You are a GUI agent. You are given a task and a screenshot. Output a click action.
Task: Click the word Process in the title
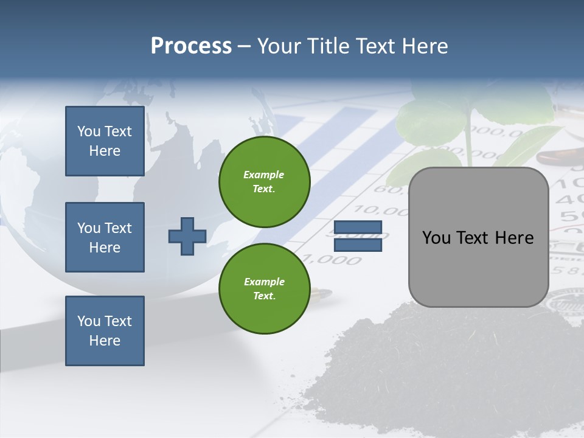pos(191,46)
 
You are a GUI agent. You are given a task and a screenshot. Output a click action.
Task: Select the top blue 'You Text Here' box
pos(105,141)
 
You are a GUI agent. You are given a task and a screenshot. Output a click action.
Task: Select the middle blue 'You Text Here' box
pos(105,237)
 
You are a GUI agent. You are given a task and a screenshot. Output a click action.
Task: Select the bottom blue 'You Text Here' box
pos(105,331)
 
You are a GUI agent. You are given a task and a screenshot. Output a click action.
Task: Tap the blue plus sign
pos(187,236)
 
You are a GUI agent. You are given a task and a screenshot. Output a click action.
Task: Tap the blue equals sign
pos(358,236)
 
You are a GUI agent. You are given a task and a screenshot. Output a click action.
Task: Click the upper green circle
pos(264,182)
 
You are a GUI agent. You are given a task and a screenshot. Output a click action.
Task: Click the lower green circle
pos(264,289)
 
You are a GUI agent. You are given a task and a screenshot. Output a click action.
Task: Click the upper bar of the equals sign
pos(358,228)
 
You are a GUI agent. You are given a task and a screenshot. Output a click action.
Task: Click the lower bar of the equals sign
pos(358,245)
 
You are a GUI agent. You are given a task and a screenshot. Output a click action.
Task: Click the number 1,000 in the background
pos(332,260)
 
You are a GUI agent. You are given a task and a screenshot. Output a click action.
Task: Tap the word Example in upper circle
pos(264,175)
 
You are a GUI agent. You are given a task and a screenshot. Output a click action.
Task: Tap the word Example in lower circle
pos(264,282)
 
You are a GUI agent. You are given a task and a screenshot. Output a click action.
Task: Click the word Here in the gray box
pos(515,238)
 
